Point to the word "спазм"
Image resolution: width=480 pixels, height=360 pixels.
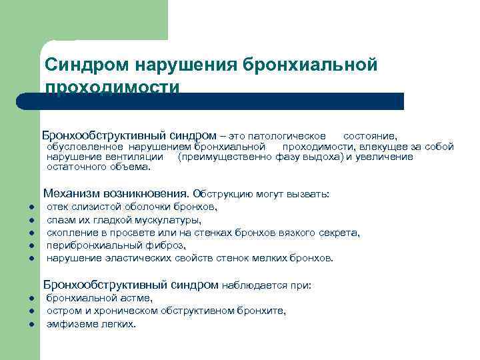pyautogui.click(x=61, y=219)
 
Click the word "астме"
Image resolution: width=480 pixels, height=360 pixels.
pyautogui.click(x=135, y=298)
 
